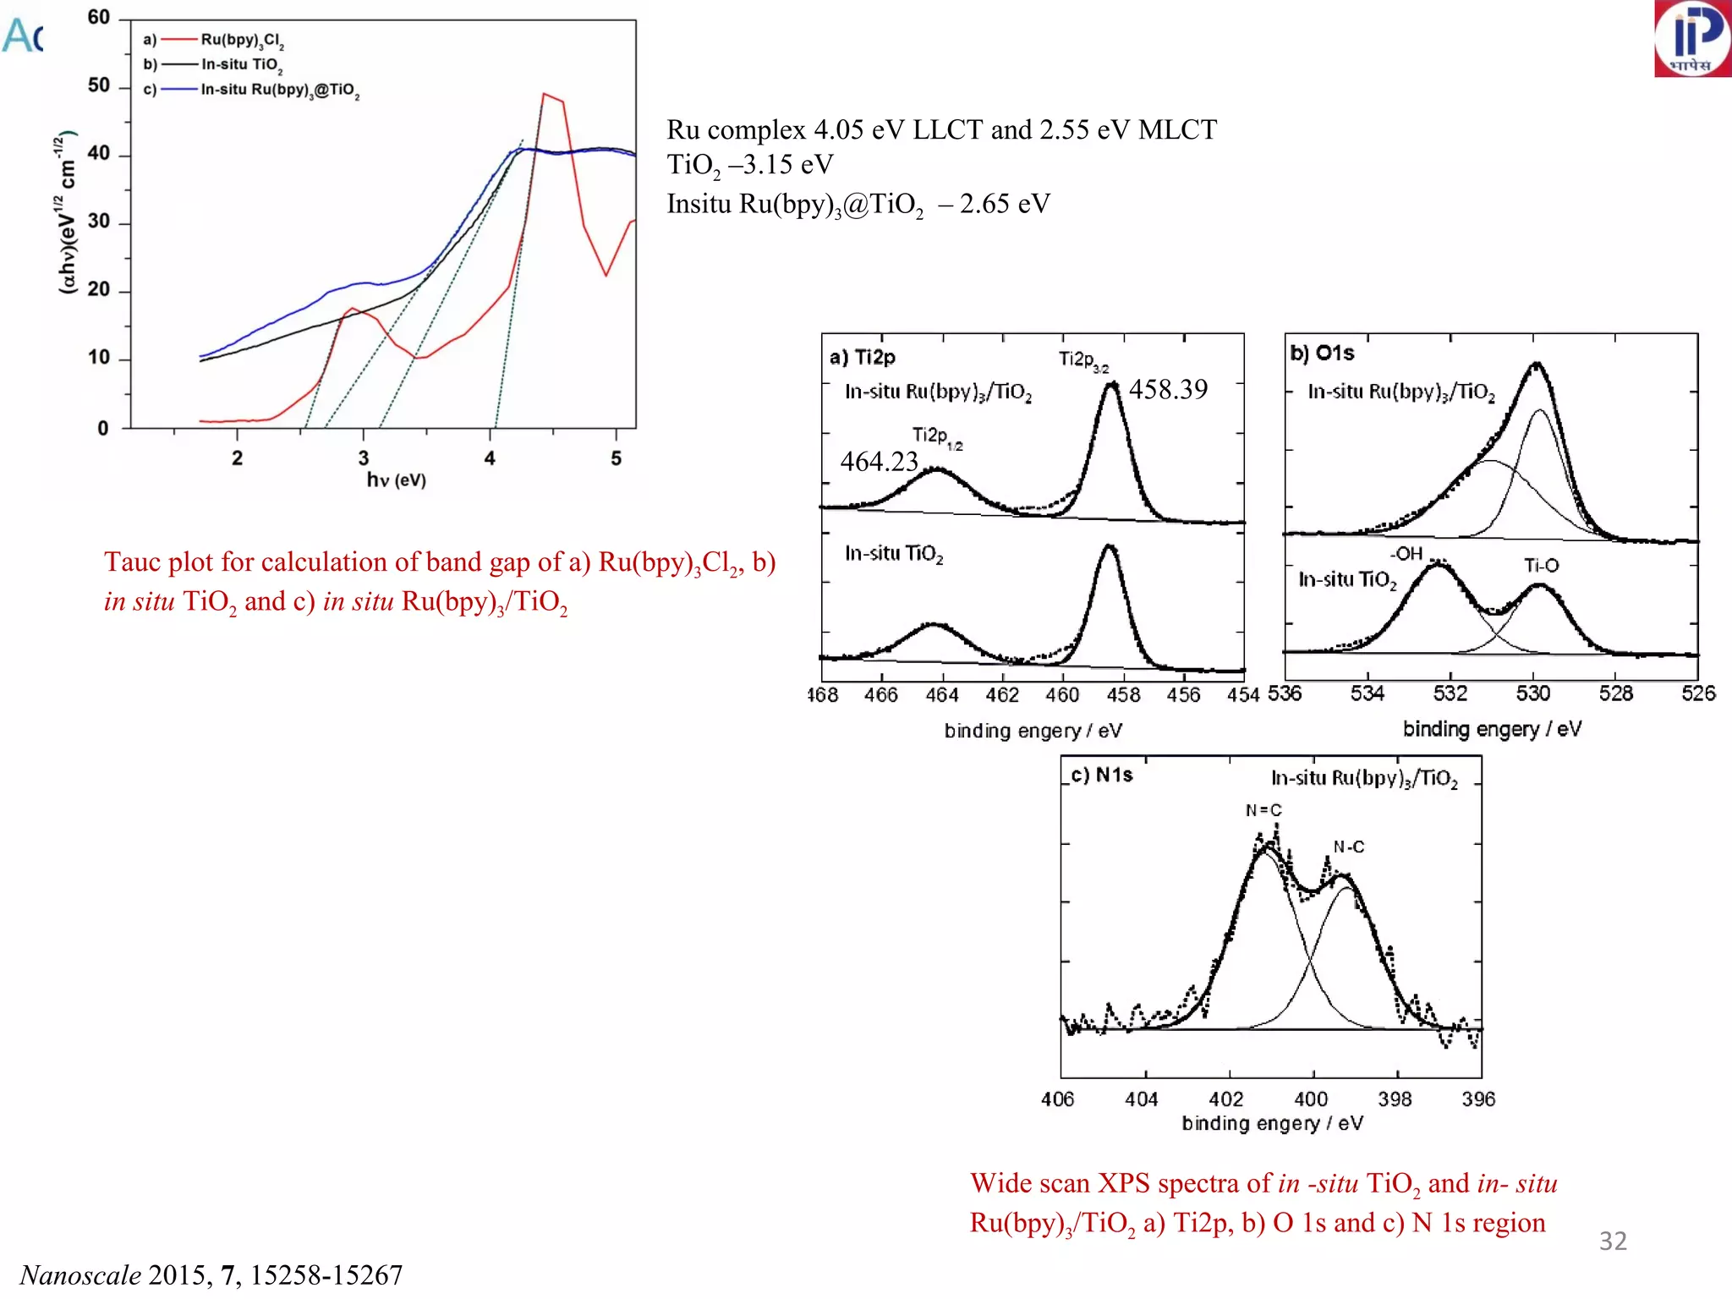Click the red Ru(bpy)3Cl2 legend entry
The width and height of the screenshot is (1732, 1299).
point(242,40)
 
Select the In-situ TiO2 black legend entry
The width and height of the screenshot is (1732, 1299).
point(241,64)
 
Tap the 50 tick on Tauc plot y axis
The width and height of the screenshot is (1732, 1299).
point(99,85)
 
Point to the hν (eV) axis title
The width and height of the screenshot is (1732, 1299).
point(396,480)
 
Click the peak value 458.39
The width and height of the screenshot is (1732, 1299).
point(1168,389)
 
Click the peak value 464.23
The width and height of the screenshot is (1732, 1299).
point(879,462)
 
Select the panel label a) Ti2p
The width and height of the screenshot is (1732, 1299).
point(862,357)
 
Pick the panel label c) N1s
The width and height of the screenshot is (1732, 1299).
point(1101,775)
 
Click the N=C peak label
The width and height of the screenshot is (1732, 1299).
point(1263,810)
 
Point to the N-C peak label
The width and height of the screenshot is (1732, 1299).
point(1349,847)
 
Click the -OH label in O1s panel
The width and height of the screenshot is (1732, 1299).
point(1407,554)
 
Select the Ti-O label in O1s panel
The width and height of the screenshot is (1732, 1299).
point(1541,565)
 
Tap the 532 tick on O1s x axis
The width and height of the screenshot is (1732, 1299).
point(1450,694)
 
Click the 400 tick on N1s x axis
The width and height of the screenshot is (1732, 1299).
point(1311,1099)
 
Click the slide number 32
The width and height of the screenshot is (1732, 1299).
point(1613,1241)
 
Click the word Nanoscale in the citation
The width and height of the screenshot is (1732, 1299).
point(80,1274)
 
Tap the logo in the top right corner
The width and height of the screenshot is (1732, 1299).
point(1692,38)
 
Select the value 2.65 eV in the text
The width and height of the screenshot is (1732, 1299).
point(1004,204)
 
